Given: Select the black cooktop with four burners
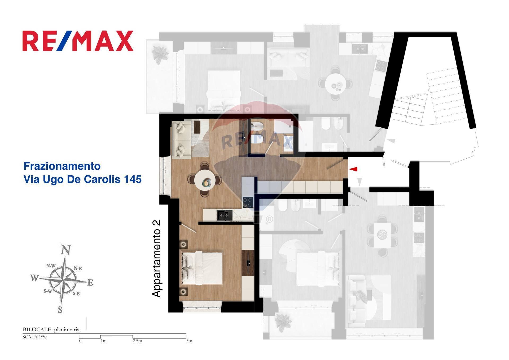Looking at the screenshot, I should point(248,202).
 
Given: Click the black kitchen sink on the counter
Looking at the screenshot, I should point(225,215).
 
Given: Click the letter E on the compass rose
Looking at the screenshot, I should point(90,283).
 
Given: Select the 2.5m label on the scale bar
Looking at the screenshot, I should point(137,341).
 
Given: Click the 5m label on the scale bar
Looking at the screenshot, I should point(189,341).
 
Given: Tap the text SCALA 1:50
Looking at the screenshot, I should point(34,337).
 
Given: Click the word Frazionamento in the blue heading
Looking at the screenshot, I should point(62,166).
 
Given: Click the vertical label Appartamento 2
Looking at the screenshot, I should point(157,259).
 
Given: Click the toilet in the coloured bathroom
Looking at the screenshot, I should point(256,139).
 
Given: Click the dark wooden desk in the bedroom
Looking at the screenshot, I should point(248,263).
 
